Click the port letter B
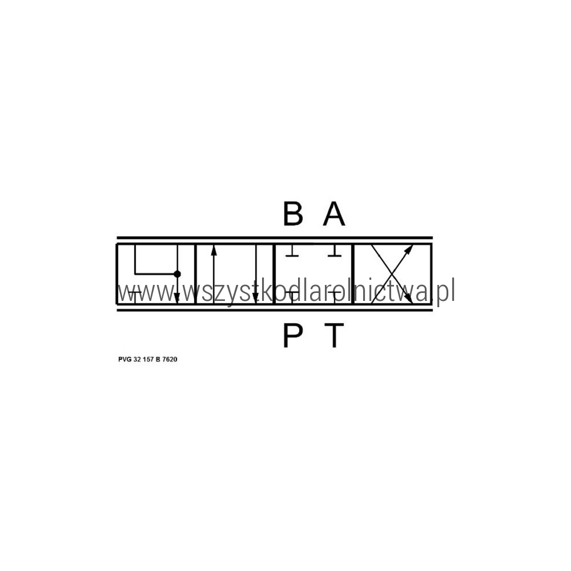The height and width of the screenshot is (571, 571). click(x=293, y=214)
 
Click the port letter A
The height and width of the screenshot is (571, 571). click(x=334, y=214)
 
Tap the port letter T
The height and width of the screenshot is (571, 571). click(x=334, y=335)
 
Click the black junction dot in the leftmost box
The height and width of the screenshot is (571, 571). click(x=177, y=274)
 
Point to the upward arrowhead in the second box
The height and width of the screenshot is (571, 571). click(x=214, y=250)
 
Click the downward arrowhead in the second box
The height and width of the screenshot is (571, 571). click(x=256, y=298)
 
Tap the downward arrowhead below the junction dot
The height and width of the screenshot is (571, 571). click(x=177, y=298)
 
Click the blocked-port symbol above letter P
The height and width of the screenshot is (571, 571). click(x=292, y=297)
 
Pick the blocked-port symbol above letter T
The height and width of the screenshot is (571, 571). click(x=335, y=297)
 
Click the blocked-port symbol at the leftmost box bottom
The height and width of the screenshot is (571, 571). click(x=135, y=297)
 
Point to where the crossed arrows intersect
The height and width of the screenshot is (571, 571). click(x=392, y=274)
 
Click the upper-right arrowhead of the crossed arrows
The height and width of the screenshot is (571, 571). click(x=409, y=250)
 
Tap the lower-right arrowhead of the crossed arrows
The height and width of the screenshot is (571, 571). click(x=409, y=298)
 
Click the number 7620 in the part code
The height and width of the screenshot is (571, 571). click(x=170, y=359)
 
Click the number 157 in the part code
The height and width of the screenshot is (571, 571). click(x=148, y=359)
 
